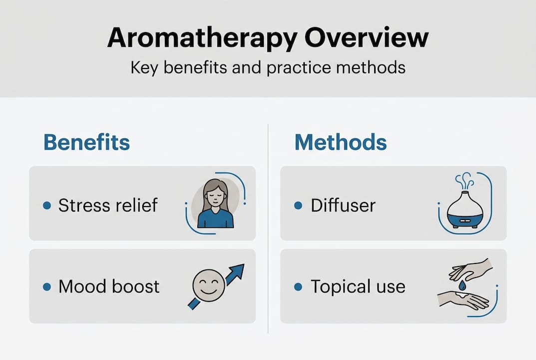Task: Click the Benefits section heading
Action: coord(86,142)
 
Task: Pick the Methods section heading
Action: coord(340,142)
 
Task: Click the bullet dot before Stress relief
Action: coord(47,205)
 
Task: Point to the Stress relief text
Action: coord(108,205)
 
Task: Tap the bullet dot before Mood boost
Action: coord(47,286)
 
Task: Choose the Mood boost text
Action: coord(109,286)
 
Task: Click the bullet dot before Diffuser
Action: coord(299,205)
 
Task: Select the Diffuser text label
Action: coord(343,205)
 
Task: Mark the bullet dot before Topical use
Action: coord(299,286)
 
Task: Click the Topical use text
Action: coord(358,286)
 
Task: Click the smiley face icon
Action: coord(207,285)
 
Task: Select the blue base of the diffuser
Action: coord(465,219)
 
